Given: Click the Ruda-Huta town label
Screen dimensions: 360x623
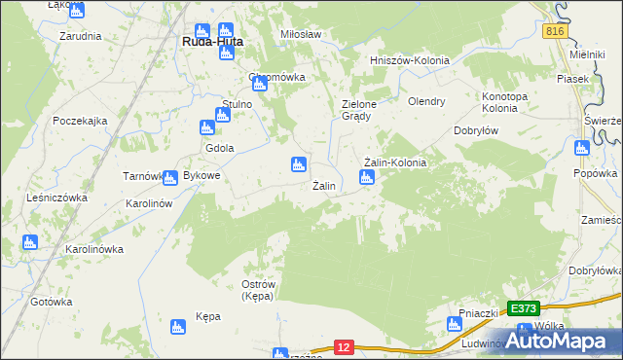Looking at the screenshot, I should [213, 43].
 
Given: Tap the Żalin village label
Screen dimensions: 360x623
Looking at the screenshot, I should [324, 185].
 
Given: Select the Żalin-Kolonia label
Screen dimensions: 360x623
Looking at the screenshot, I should [394, 162].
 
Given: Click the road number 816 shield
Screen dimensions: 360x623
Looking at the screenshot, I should [555, 31].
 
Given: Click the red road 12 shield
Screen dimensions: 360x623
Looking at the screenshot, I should [343, 345].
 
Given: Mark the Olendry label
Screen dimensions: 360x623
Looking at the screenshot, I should [426, 100].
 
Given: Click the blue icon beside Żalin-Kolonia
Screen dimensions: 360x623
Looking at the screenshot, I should [367, 177].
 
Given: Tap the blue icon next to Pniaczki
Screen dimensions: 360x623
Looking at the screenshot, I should [454, 324].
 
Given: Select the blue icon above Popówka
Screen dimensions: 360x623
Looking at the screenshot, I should [582, 149].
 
